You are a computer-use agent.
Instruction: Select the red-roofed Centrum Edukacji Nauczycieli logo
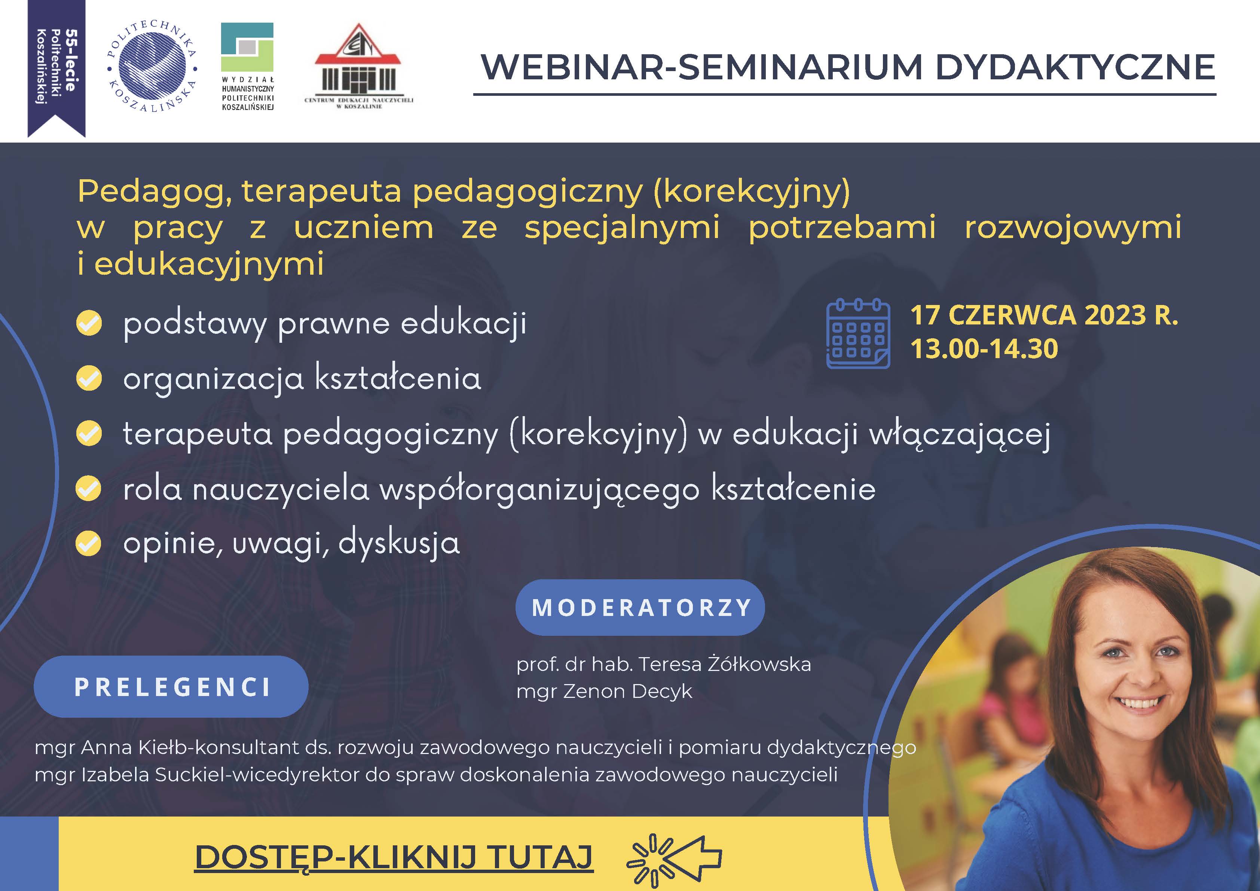coord(358,66)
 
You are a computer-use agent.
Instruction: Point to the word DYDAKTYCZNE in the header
coord(1075,67)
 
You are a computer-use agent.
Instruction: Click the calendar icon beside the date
coord(858,333)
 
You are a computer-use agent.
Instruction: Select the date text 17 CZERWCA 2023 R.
coord(1044,315)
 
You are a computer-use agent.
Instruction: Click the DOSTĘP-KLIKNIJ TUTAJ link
coord(394,857)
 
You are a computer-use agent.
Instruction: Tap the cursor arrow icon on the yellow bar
coord(675,860)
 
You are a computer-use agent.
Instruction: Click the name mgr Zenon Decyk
coord(604,691)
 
